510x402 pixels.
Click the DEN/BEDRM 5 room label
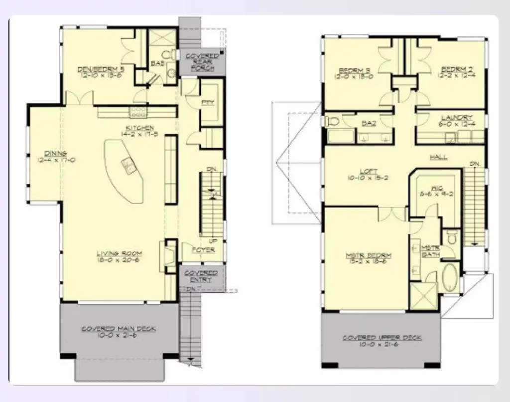click(101, 69)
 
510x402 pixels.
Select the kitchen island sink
click(128, 164)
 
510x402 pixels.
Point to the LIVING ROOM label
click(119, 253)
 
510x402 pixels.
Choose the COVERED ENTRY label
click(201, 276)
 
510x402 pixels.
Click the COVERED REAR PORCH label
click(202, 62)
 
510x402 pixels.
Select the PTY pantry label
click(208, 103)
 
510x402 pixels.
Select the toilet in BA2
click(333, 121)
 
